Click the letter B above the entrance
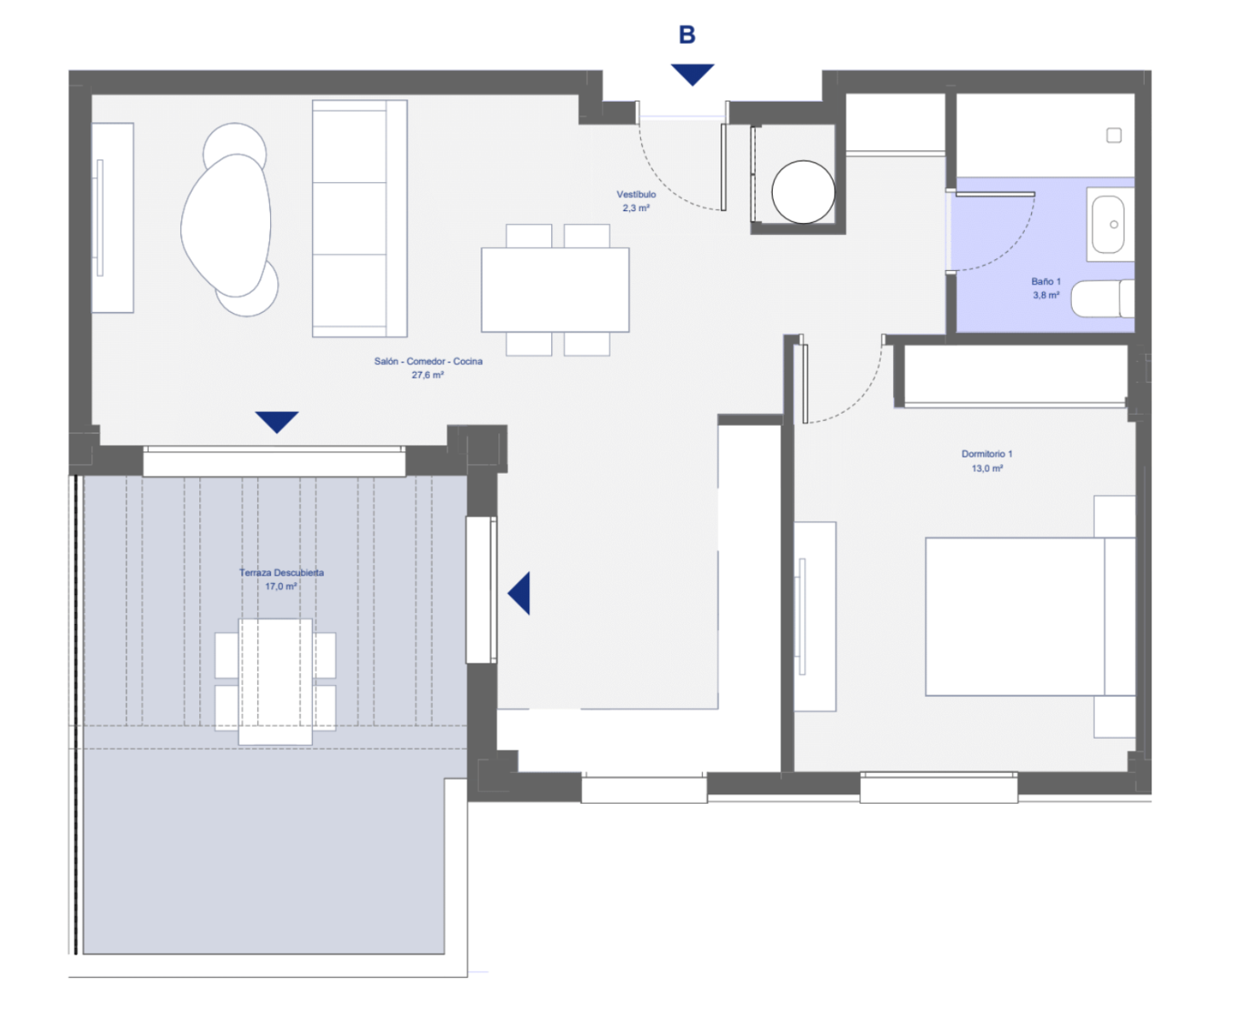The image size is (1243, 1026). point(687,34)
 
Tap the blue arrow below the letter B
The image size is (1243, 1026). point(692,74)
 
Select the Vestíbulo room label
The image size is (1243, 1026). point(636,194)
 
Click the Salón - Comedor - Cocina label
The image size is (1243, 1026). point(428,361)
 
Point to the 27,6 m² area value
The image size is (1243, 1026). point(427,375)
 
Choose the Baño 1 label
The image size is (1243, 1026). point(1046,281)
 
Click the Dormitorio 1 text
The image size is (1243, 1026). point(987,454)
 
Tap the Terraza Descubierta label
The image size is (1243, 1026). point(281,572)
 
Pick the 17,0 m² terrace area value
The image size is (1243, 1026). point(281,587)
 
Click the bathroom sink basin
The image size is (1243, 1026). point(1108,225)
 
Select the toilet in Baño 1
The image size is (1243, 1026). point(1102,299)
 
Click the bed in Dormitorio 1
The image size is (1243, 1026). point(1030,616)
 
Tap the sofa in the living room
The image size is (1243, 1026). point(360,219)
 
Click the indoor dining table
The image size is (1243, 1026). point(555,289)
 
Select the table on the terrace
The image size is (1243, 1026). point(275,681)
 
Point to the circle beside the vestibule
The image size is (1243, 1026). point(803,192)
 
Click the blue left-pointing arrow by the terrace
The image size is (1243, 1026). point(519,593)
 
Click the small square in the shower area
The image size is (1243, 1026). point(1114,136)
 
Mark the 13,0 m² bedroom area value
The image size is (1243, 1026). point(987,469)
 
